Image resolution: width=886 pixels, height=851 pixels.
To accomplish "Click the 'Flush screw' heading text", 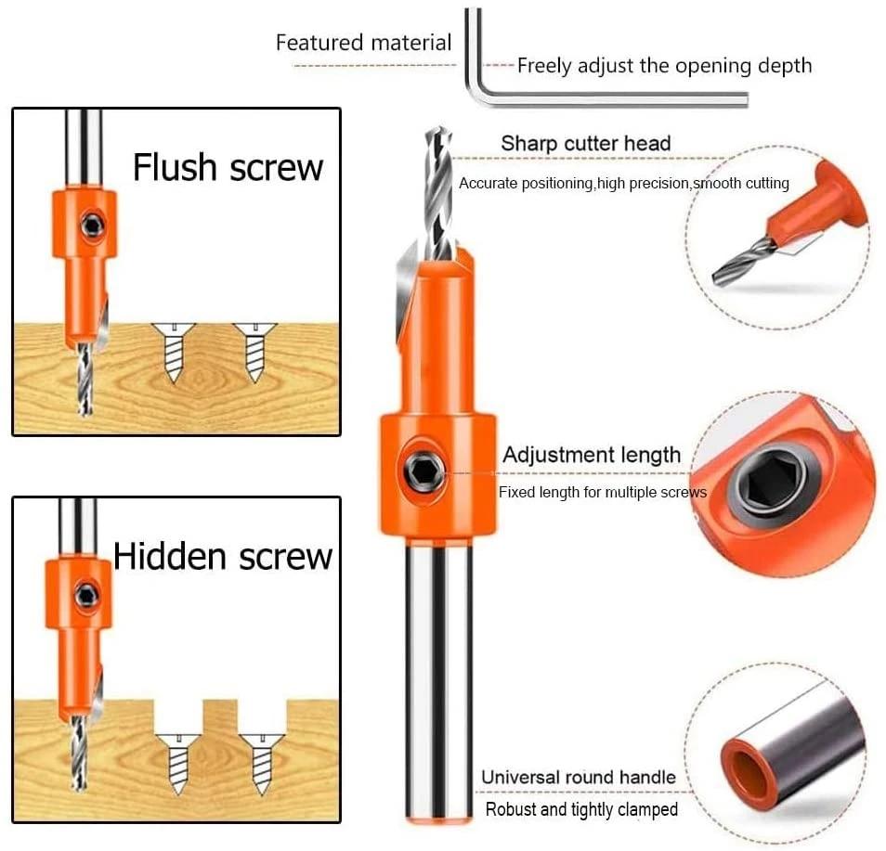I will tap(228, 168).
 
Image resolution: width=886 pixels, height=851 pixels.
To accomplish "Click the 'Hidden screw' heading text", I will tap(222, 556).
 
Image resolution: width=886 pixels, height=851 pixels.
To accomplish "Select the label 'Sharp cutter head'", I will tap(585, 144).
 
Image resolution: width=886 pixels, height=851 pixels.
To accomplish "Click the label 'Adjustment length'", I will tap(591, 455).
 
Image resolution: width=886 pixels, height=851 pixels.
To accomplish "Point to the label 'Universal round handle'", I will tap(578, 777).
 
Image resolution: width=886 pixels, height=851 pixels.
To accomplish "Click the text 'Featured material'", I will tap(363, 43).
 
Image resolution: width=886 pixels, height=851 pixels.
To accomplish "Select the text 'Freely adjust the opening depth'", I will tap(664, 66).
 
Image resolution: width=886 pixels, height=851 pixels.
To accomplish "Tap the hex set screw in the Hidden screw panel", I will tap(87, 594).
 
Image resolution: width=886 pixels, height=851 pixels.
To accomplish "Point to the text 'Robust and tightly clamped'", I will tap(581, 809).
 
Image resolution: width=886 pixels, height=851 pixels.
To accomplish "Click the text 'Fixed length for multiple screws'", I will tap(602, 492).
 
